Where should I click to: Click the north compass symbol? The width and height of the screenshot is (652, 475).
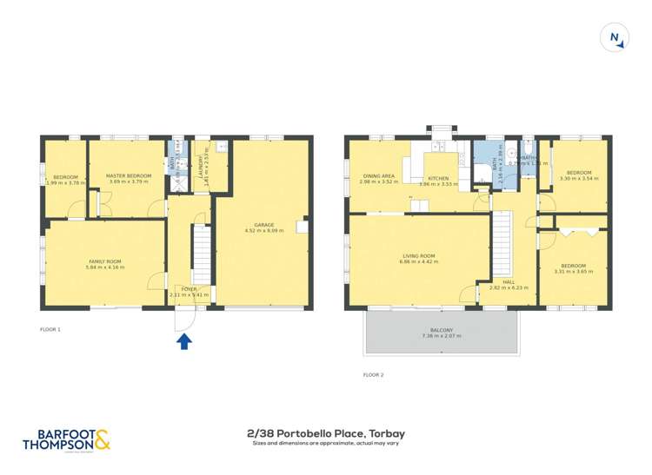point(615,38)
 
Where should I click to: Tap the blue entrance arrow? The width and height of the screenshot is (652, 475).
point(184,342)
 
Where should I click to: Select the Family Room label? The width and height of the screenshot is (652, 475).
point(105,264)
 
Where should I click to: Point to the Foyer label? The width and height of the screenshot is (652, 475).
point(188,291)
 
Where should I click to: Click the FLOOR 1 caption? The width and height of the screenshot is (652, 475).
point(50,329)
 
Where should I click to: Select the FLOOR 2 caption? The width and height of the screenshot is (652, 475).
point(373,374)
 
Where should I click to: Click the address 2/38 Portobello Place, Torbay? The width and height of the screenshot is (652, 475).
point(326,432)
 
